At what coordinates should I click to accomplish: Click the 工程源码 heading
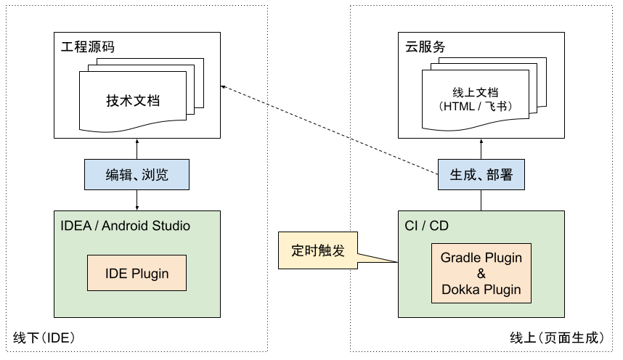pyautogui.click(x=88, y=48)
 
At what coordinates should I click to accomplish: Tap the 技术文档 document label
pyautogui.click(x=133, y=100)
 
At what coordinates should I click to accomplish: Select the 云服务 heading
pyautogui.click(x=425, y=48)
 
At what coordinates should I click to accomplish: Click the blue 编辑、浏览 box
pyautogui.click(x=137, y=175)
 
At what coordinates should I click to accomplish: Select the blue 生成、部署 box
pyautogui.click(x=481, y=175)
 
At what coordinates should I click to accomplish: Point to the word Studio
pyautogui.click(x=172, y=226)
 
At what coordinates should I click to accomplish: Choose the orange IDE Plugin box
pyautogui.click(x=137, y=274)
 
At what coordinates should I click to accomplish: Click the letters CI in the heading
pyautogui.click(x=411, y=226)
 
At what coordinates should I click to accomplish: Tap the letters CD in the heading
pyautogui.click(x=439, y=226)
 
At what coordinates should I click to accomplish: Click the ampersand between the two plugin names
pyautogui.click(x=481, y=274)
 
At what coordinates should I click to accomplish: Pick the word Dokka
pyautogui.click(x=461, y=290)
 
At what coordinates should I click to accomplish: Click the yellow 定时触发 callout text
pyautogui.click(x=318, y=250)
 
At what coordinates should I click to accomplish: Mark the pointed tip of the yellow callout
pyautogui.click(x=392, y=261)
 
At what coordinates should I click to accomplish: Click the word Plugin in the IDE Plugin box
pyautogui.click(x=150, y=274)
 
